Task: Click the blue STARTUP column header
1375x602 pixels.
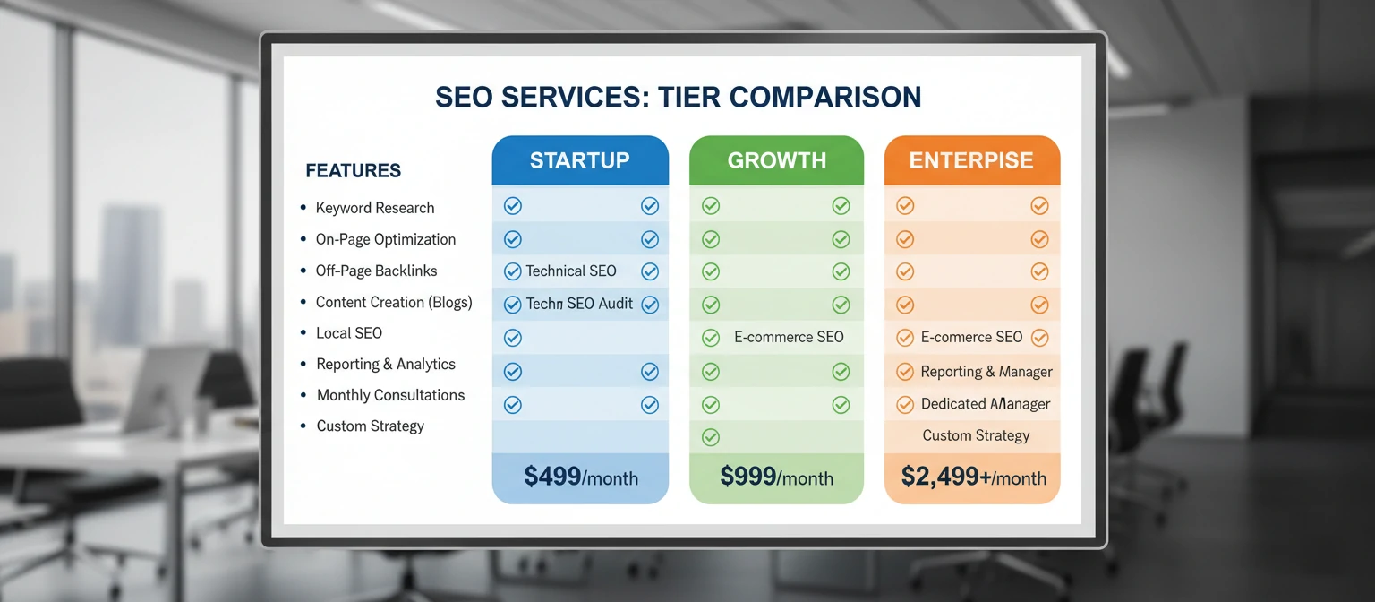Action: [x=579, y=161]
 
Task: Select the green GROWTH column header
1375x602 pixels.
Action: [x=776, y=161]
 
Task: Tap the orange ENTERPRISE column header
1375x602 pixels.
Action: [x=971, y=161]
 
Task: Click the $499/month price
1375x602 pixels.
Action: [x=580, y=477]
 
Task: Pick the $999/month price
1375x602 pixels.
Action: [x=776, y=477]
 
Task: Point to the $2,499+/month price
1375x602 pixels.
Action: [x=973, y=477]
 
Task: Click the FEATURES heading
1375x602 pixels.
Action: [x=353, y=171]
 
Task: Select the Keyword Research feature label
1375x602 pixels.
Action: [x=374, y=208]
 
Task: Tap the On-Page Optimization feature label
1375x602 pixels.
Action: [x=385, y=239]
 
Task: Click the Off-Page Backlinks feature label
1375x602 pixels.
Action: [x=376, y=271]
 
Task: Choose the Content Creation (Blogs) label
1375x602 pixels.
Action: [x=393, y=302]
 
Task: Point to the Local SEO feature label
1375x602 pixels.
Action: [x=348, y=333]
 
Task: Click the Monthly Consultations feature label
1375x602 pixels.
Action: [x=390, y=395]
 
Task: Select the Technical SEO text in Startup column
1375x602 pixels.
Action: [x=570, y=271]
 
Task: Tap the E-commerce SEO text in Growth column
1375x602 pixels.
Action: [x=789, y=337]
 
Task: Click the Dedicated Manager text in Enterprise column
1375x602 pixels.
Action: [x=986, y=404]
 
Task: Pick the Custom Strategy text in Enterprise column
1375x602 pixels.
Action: [x=976, y=435]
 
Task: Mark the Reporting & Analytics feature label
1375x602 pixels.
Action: [x=385, y=364]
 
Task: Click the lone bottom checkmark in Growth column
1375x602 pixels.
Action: [x=711, y=437]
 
